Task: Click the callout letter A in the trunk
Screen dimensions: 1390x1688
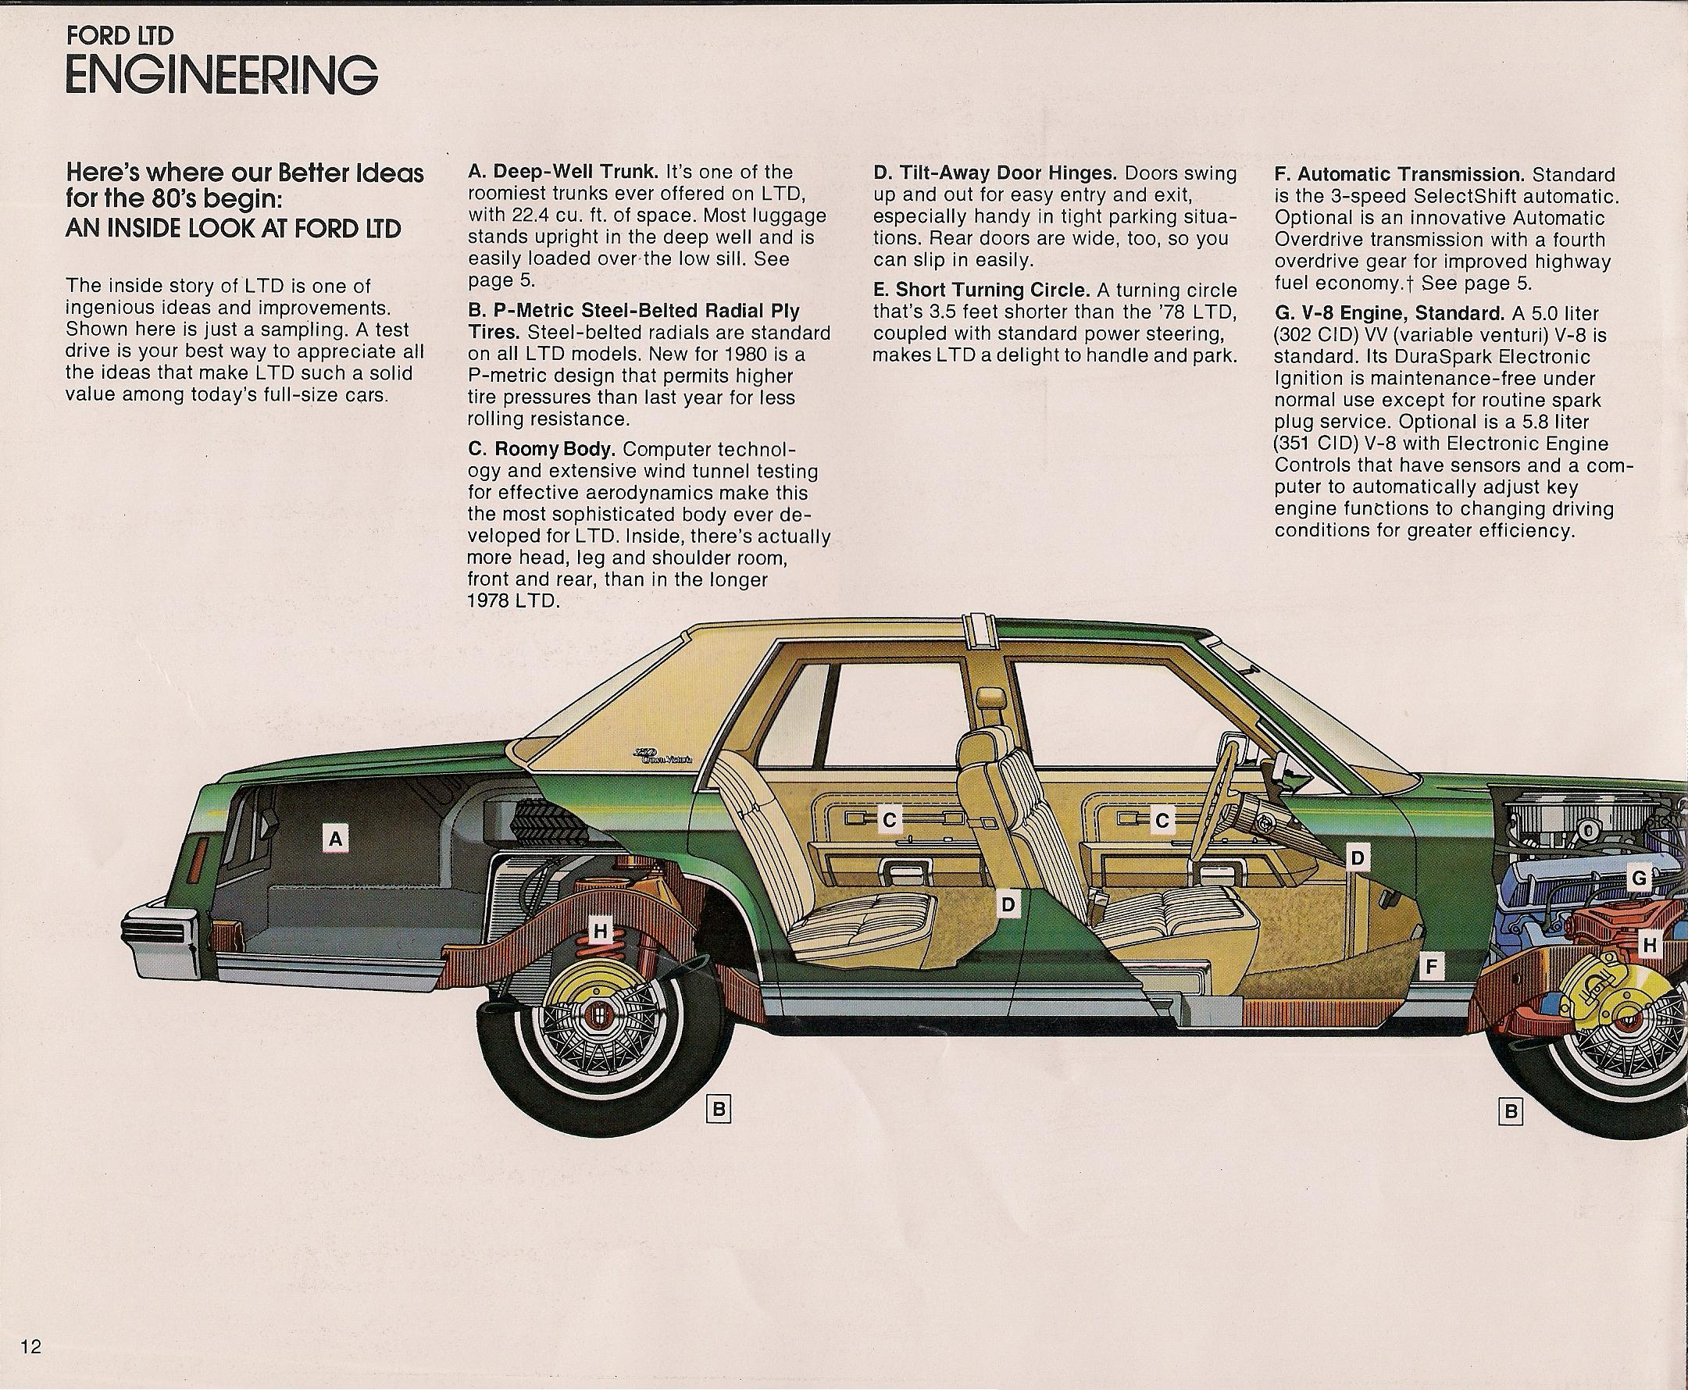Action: coord(336,839)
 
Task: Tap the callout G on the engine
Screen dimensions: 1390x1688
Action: coord(1638,879)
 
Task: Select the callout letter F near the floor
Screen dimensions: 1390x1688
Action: coord(1430,967)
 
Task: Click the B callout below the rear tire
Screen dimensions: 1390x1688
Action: coord(719,1110)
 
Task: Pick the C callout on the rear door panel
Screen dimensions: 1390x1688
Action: coord(889,820)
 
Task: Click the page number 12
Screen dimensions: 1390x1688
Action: coord(31,1347)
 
